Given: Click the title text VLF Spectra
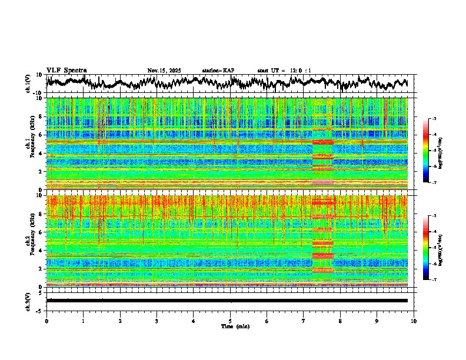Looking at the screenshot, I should (x=66, y=71).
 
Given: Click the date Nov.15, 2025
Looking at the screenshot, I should (x=165, y=71).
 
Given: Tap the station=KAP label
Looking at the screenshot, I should (x=218, y=71).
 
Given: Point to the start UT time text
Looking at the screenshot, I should (x=284, y=71).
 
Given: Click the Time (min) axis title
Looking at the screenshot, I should (x=235, y=326).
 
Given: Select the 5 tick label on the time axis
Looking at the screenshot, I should (x=230, y=321).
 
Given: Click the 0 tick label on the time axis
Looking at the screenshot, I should (x=46, y=321).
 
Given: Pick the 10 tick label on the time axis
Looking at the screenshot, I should (x=414, y=321).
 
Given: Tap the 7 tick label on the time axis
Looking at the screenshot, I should (x=304, y=321).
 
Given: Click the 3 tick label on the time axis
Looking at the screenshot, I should (x=157, y=321).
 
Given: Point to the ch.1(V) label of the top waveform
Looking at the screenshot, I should (x=28, y=84).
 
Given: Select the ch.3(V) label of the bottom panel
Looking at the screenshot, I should (x=28, y=301).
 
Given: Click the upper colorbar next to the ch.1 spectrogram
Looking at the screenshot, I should (x=426, y=151).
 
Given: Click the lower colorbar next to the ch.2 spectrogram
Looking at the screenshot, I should (x=426, y=248).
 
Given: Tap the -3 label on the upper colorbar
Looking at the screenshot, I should (x=434, y=119).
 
